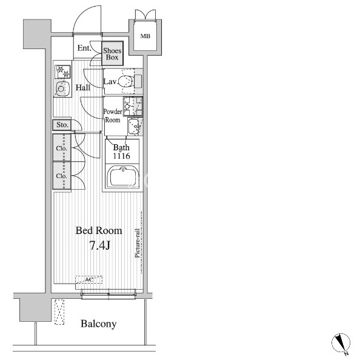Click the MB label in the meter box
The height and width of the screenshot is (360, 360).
145,36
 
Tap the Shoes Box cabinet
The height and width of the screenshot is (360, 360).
113,54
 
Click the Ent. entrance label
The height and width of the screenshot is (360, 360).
84,48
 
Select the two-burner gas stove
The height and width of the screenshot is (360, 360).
62,72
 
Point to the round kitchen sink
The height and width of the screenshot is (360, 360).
61,88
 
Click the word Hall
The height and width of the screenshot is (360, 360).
83,87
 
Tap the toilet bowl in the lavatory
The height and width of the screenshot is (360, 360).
125,81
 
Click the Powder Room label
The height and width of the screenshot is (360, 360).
113,116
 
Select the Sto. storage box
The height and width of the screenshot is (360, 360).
62,125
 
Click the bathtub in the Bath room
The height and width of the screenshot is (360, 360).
123,177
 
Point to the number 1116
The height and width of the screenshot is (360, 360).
121,156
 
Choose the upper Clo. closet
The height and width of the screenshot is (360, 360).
62,148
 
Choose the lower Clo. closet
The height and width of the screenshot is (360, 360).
62,176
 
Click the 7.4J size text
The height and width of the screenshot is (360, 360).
99,245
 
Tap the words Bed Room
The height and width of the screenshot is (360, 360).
99,230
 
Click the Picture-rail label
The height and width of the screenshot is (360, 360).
138,243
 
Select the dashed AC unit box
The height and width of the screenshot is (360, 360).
89,279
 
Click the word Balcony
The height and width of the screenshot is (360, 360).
99,324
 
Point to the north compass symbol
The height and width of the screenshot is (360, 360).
341,343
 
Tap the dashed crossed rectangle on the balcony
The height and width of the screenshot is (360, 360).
59,312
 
